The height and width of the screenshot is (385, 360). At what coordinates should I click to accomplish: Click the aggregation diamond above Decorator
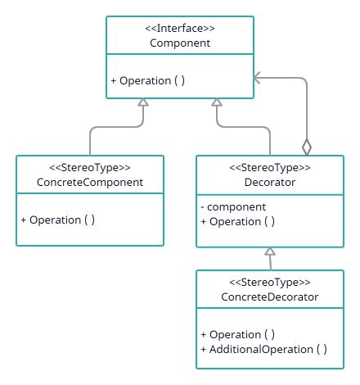point(307,147)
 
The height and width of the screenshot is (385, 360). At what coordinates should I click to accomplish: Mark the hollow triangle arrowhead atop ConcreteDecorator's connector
point(270,252)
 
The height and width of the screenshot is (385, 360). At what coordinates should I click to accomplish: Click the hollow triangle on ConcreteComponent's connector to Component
point(142,102)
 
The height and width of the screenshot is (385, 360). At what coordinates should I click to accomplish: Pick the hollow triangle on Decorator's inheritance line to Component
point(216,102)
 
